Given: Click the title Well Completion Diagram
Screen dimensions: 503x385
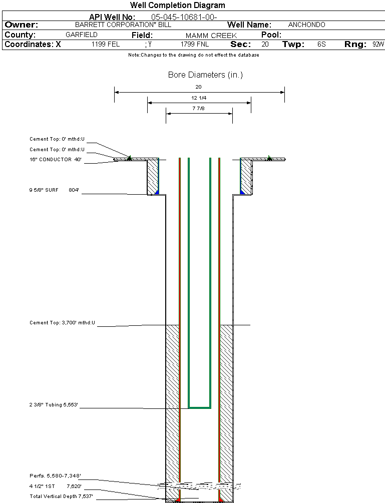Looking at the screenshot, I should coord(177,6).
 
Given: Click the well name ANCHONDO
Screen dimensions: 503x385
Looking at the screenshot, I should coord(306,25).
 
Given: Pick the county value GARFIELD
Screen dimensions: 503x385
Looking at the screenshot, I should coord(82,35).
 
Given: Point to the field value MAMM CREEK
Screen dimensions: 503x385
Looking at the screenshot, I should coord(211,36).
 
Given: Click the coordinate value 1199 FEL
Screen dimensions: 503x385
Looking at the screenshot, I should coord(106,45).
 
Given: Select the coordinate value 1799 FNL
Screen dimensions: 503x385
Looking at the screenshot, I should coord(195,45).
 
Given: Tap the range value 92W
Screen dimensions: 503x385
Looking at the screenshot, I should coord(378,45).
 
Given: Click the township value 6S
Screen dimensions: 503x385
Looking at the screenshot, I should coord(321,45).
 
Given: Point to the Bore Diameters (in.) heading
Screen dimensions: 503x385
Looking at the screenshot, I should coord(205,75).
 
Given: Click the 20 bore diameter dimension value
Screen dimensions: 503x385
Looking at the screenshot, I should coord(198,87).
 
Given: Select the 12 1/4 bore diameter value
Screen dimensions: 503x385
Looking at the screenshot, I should coord(199,98).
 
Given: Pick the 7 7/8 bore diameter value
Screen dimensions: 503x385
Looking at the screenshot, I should coord(199,108).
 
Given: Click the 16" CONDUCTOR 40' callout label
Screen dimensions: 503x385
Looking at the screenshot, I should coord(55,160).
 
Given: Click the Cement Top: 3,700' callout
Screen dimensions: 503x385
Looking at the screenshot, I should coord(62,323).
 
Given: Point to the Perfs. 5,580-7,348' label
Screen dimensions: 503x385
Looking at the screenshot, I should coord(55,475).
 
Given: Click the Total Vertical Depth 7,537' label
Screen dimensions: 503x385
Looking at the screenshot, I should coord(61,496).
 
